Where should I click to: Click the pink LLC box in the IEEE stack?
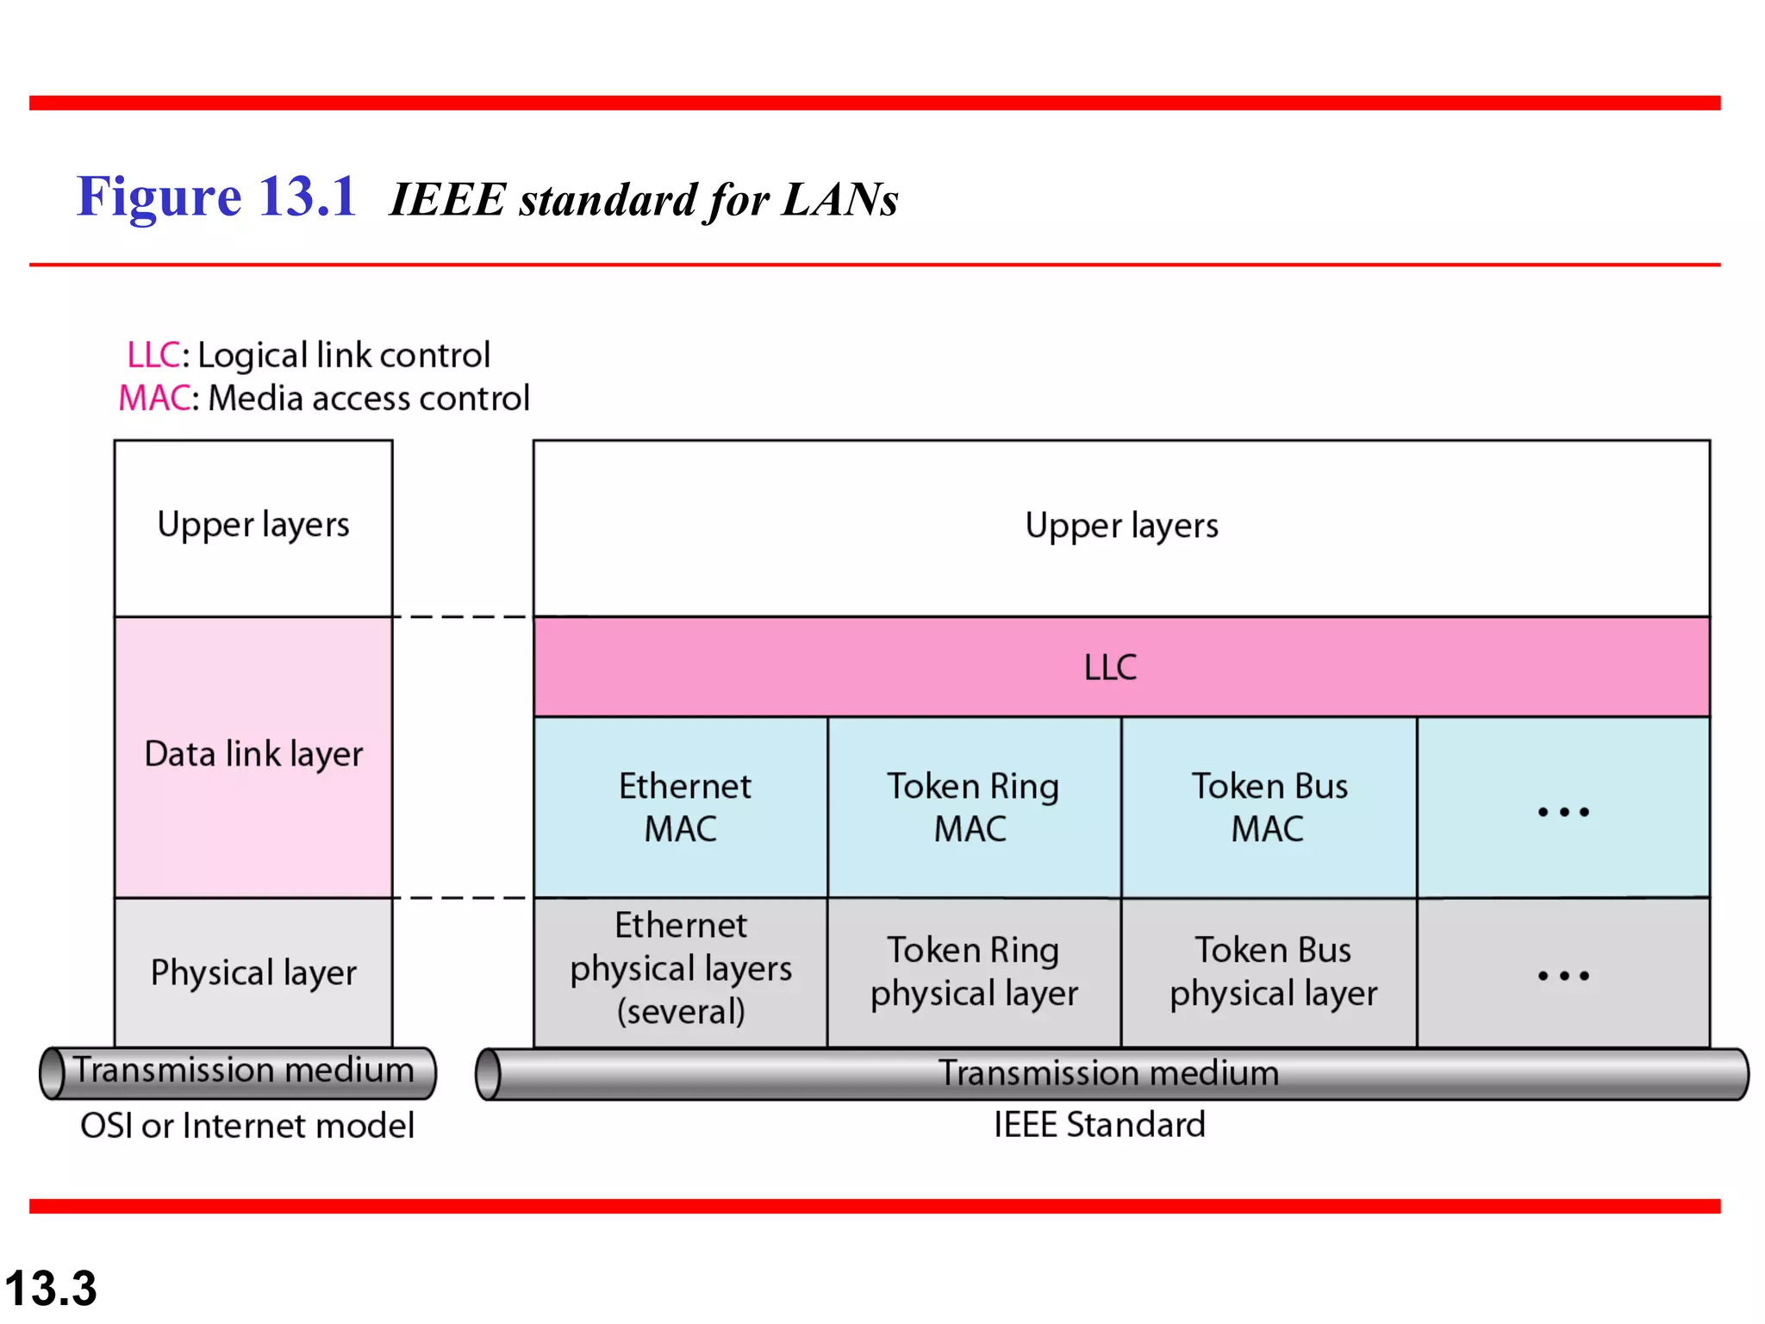point(1120,666)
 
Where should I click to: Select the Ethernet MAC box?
point(681,807)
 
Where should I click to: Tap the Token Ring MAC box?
point(974,807)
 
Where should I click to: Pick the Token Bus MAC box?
point(1269,807)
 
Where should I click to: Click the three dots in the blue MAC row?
point(1563,811)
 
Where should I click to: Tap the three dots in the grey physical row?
point(1563,976)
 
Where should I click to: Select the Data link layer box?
point(253,755)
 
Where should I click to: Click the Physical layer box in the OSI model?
point(253,972)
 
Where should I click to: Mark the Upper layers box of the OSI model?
point(253,526)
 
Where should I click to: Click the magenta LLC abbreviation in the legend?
point(153,355)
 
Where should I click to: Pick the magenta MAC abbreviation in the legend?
point(153,398)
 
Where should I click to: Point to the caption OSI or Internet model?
point(247,1126)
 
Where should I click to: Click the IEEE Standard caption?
point(1099,1125)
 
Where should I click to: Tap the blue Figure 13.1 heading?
point(216,197)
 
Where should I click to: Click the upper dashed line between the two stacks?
point(463,617)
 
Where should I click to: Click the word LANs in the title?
point(839,200)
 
